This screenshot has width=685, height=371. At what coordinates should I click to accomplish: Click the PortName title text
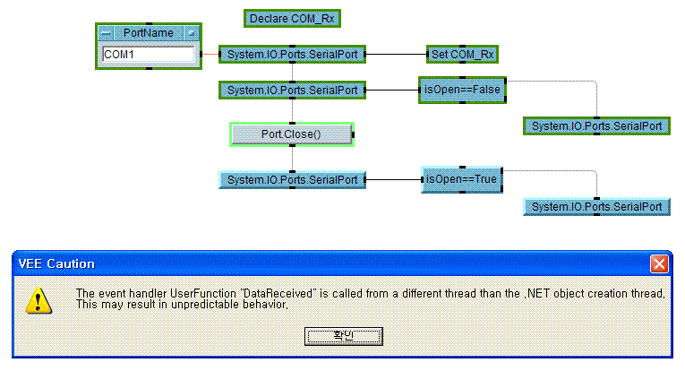149,33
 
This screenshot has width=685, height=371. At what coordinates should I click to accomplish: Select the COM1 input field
149,55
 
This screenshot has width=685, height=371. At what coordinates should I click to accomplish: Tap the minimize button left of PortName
107,33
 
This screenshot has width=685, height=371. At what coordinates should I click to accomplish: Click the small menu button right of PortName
190,33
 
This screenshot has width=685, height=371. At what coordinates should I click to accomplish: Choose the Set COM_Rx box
462,55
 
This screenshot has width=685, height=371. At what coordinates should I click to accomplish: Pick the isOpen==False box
463,90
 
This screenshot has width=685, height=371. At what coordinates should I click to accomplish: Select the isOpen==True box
461,179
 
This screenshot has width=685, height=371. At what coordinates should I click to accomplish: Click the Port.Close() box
291,134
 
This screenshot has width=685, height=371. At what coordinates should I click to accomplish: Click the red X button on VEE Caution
659,264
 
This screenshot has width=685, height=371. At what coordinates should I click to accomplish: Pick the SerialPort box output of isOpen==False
596,126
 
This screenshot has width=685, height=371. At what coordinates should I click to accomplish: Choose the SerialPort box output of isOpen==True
596,207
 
